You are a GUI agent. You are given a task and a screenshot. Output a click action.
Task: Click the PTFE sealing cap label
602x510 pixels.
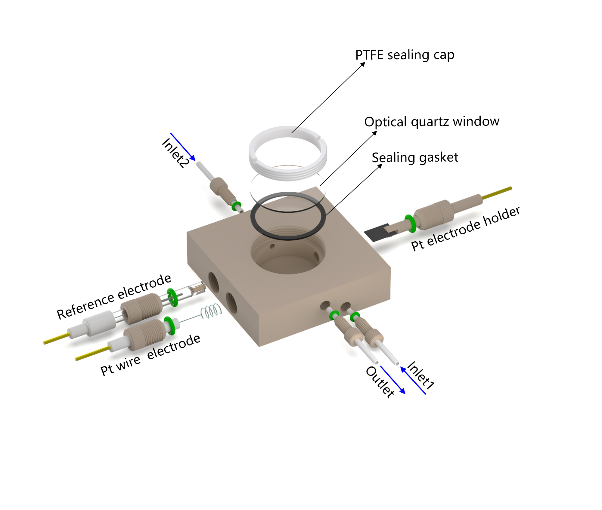(405, 55)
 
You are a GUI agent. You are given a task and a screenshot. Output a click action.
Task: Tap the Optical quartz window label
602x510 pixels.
(432, 122)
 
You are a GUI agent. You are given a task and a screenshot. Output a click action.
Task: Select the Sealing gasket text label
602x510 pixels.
(415, 157)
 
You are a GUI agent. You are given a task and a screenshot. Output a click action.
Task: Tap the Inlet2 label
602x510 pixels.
(175, 153)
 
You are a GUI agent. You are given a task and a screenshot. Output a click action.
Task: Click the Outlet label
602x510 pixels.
(380, 382)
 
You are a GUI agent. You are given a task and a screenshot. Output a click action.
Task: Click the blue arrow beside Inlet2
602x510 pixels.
(183, 147)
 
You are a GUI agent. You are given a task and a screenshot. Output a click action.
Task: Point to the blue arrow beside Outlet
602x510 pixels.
(393, 380)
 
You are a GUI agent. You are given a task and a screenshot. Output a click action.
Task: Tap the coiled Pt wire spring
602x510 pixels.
(211, 312)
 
